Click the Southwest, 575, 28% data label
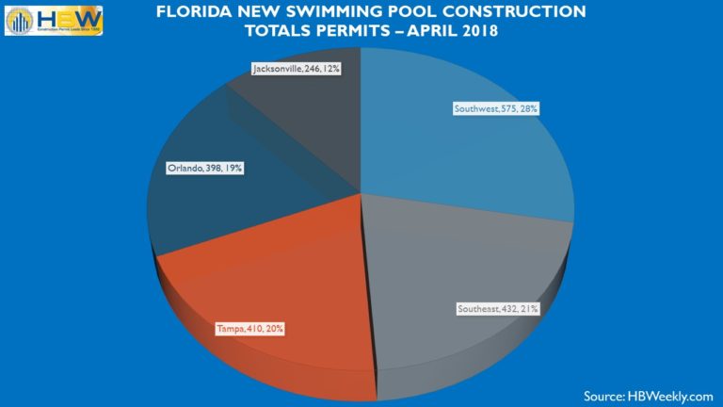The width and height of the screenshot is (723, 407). click(495, 109)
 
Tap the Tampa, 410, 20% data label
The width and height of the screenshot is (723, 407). click(249, 329)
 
